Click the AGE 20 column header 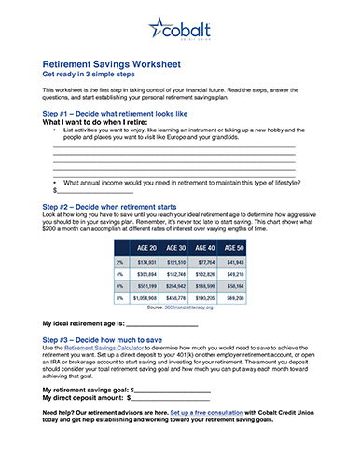tap(145, 248)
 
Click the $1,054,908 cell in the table tap(145, 297)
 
